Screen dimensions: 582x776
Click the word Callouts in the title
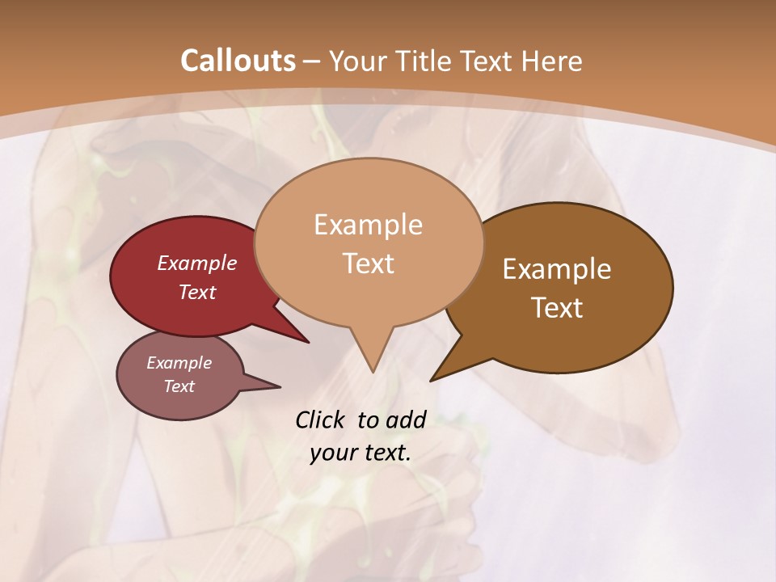click(238, 61)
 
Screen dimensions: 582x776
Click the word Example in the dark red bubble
click(196, 263)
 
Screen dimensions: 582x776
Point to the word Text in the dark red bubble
click(196, 292)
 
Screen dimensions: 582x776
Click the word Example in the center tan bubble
click(368, 225)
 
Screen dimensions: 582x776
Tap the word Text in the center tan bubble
click(368, 264)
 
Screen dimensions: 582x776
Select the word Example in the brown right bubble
click(557, 269)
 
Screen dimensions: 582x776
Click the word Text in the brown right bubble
click(557, 308)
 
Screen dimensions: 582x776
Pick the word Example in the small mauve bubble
click(179, 363)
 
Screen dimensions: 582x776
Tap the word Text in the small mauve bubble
click(179, 386)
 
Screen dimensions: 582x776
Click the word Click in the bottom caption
click(321, 420)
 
